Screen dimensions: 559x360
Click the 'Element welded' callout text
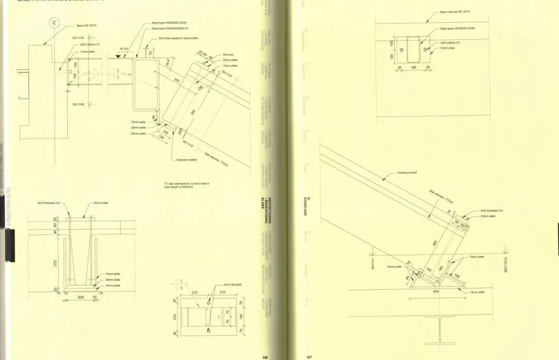click(187, 160)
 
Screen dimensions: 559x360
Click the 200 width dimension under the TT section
click(80, 297)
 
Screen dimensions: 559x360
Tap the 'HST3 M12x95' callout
click(232, 285)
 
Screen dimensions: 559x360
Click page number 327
click(309, 356)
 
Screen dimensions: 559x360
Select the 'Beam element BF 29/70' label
click(455, 11)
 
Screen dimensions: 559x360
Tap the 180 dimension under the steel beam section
click(413, 67)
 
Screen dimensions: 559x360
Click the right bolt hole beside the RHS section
click(425, 50)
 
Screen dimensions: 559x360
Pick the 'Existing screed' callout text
click(407, 173)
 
